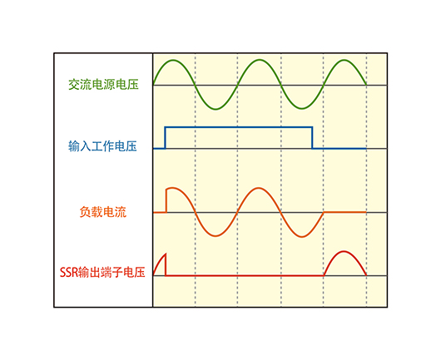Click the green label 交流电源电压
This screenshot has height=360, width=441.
tap(103, 84)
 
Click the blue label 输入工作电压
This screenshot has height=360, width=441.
tap(102, 146)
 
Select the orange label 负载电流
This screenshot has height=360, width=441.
tap(103, 212)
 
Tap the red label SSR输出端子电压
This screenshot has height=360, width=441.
tap(102, 272)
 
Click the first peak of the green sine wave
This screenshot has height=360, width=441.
tap(174, 60)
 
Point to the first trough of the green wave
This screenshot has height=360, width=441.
tap(216, 109)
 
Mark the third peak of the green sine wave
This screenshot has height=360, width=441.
tap(344, 60)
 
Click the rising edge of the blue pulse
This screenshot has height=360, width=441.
tap(166, 138)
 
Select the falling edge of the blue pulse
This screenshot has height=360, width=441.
tap(312, 138)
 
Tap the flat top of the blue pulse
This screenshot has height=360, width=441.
tap(239, 127)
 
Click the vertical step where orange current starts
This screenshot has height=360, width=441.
tap(166, 201)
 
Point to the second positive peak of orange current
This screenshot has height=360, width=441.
tap(259, 188)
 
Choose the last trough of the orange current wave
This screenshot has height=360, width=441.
tap(301, 237)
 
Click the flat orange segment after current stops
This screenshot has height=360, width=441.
tap(344, 212)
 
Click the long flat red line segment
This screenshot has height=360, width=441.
tap(245, 276)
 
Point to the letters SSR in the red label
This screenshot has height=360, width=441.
tap(68, 273)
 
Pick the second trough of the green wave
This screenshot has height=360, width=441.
tap(301, 109)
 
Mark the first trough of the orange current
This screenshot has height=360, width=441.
tap(216, 237)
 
